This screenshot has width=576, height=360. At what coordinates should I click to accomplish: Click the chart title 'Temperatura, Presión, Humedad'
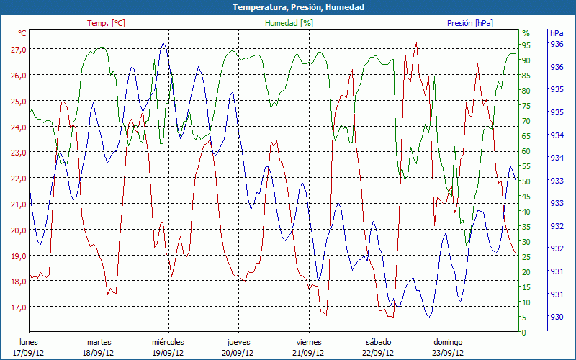tap(288, 7)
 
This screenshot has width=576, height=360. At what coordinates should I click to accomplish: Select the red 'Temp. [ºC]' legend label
tap(106, 23)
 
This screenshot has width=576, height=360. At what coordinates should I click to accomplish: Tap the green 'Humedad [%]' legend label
tap(289, 23)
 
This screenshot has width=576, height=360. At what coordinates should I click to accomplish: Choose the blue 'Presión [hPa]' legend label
tap(470, 23)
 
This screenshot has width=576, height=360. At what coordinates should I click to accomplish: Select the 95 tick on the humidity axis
tap(526, 45)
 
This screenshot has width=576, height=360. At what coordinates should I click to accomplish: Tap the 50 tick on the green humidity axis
tap(526, 181)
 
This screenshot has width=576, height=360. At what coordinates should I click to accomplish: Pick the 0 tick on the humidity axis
tap(524, 333)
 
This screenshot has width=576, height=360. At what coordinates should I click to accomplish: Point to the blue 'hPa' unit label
tap(557, 33)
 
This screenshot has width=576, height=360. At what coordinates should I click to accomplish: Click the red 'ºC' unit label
tap(22, 33)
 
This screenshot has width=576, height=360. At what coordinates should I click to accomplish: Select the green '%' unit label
tap(526, 33)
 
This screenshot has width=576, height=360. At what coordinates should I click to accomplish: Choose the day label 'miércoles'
tap(168, 342)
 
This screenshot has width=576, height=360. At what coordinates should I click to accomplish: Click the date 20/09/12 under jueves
tap(238, 353)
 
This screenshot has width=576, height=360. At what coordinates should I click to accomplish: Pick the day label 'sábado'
tap(378, 342)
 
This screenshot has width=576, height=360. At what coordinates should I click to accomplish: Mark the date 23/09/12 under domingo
tap(448, 353)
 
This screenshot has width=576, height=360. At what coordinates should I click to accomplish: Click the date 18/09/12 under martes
tap(99, 353)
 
